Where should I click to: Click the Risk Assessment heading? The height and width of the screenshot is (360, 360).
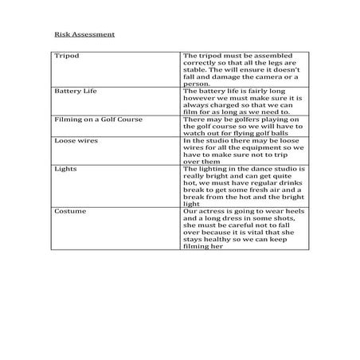(x=84, y=35)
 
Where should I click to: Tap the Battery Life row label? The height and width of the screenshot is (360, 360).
(x=74, y=92)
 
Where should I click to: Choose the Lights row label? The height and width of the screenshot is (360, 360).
(x=65, y=169)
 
